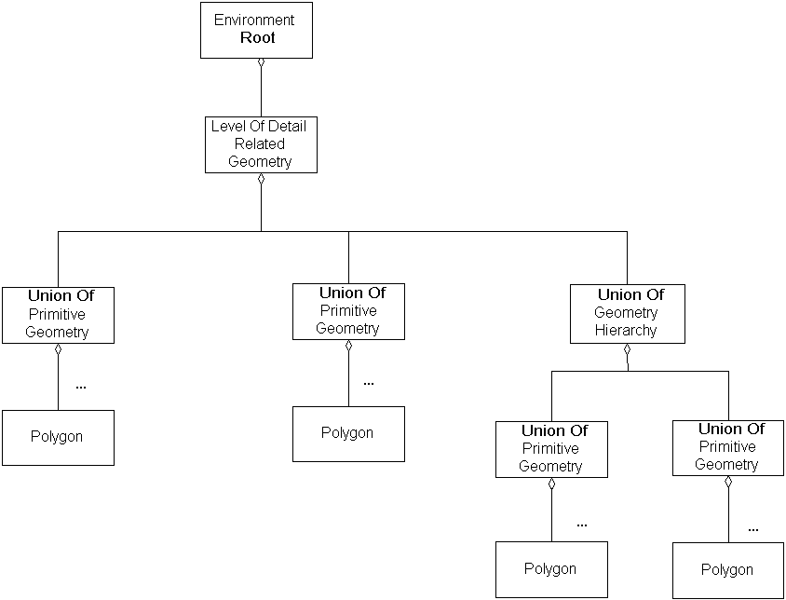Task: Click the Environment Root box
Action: [256, 30]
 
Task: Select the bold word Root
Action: [257, 38]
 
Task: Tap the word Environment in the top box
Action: [254, 20]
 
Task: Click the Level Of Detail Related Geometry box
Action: [261, 144]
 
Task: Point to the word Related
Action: [260, 144]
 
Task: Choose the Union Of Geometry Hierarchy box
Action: [627, 313]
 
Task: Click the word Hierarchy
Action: [626, 330]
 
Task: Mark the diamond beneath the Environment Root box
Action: [261, 63]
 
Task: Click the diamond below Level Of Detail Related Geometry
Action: [261, 178]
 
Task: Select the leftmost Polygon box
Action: [58, 437]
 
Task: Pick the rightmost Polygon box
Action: [727, 570]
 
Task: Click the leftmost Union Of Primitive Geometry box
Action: [58, 315]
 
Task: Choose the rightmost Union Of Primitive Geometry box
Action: [727, 447]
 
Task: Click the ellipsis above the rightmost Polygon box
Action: [752, 529]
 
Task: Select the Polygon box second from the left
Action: [348, 433]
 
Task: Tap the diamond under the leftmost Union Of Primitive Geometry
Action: [58, 348]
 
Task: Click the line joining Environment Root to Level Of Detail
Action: [261, 91]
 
